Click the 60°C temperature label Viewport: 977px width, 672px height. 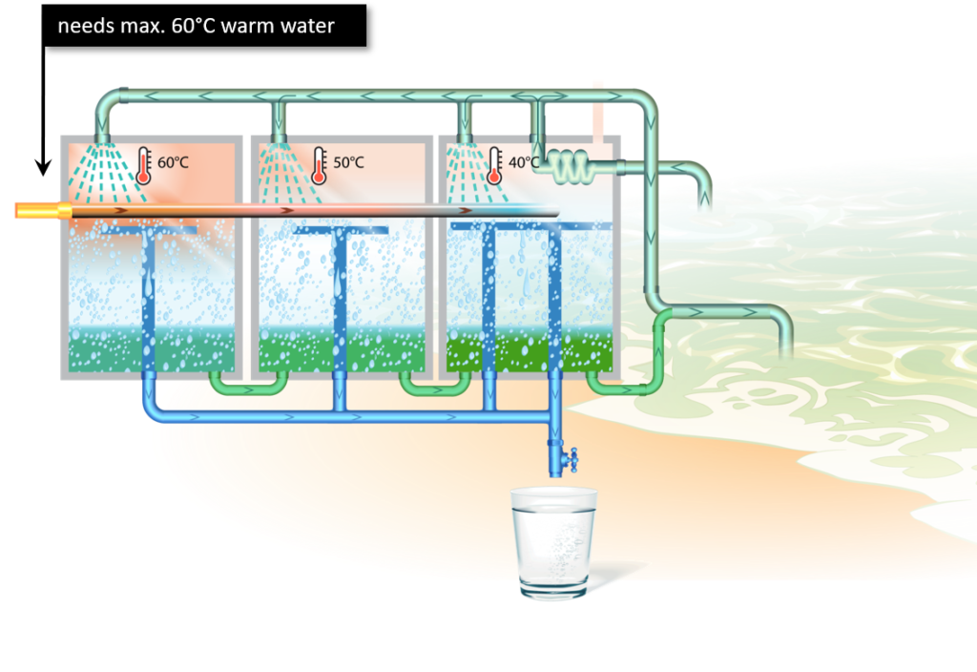pyautogui.click(x=173, y=162)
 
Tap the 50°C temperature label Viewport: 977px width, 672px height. pyautogui.click(x=348, y=162)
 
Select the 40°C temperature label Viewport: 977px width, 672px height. pyautogui.click(x=523, y=162)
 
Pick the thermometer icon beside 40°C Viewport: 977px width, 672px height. pyautogui.click(x=494, y=164)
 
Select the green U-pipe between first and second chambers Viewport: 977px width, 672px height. pyautogui.click(x=247, y=385)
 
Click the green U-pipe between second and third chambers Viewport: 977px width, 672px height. pyautogui.click(x=435, y=385)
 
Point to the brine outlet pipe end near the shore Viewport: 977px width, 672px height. pyautogui.click(x=786, y=349)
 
